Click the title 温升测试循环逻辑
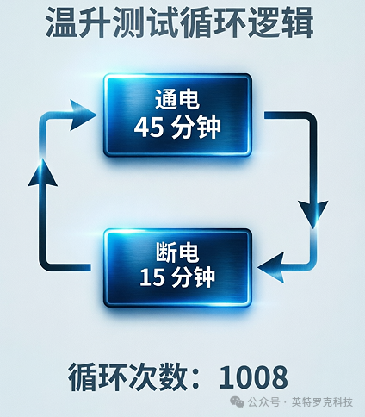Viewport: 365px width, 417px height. point(179,22)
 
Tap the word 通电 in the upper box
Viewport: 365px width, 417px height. point(177,99)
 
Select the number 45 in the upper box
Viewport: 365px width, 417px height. point(149,128)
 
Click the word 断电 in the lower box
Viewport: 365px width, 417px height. point(177,252)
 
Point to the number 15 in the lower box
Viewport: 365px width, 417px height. point(152,277)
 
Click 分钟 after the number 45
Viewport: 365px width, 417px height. point(196,128)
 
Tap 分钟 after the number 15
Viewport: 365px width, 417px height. point(194,277)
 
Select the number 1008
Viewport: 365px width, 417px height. point(253,377)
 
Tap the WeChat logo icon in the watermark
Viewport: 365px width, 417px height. point(238,401)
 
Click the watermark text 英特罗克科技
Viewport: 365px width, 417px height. point(322,402)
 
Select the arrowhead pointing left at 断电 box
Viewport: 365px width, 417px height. point(271,267)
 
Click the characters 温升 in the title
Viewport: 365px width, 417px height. point(78,22)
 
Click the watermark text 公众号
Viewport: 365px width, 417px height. point(263,402)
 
